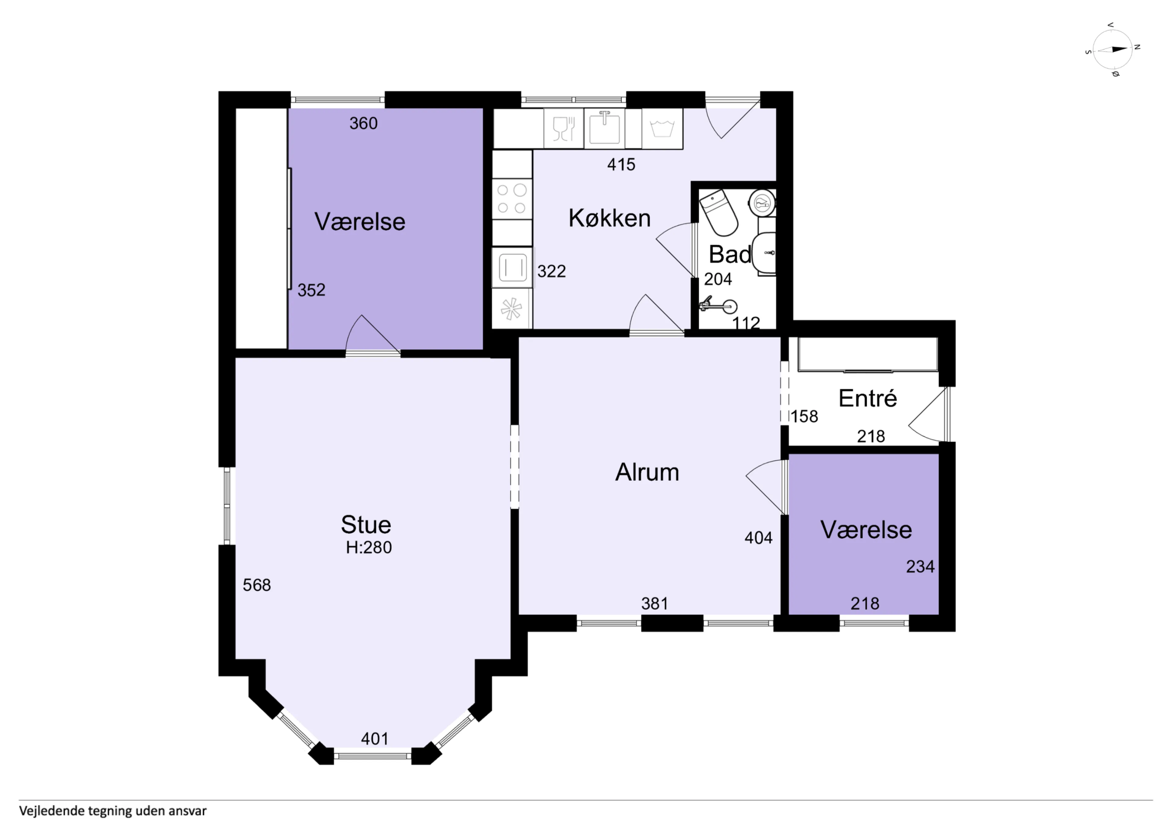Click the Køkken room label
point(610,218)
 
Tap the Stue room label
point(366,525)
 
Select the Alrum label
point(647,472)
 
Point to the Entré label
point(868,398)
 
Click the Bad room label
point(730,254)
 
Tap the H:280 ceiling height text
point(369,548)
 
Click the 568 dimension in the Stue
point(257,585)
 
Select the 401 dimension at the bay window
point(375,739)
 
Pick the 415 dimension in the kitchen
point(621,165)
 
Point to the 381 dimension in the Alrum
point(655,604)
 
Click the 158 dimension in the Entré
point(805,417)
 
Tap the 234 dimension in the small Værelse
point(920,566)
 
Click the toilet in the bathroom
point(718,213)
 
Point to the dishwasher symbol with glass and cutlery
point(564,128)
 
